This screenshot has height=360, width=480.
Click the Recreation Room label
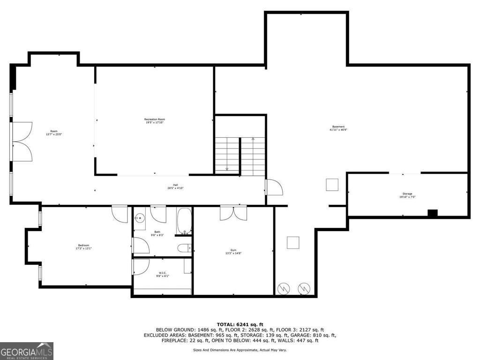[154, 121]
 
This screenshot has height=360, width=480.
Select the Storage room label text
[407, 195]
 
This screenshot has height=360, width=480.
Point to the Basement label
[338, 128]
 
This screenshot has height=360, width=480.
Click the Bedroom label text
[83, 247]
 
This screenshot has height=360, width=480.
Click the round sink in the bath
[139, 218]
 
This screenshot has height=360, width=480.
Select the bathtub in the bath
[184, 220]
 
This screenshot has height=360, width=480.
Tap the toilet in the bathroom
[184, 248]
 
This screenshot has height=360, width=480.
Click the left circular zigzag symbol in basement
[284, 289]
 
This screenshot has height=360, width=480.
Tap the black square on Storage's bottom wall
[432, 213]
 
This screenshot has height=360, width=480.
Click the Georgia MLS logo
[27, 351]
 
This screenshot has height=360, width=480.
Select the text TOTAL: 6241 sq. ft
[240, 324]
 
